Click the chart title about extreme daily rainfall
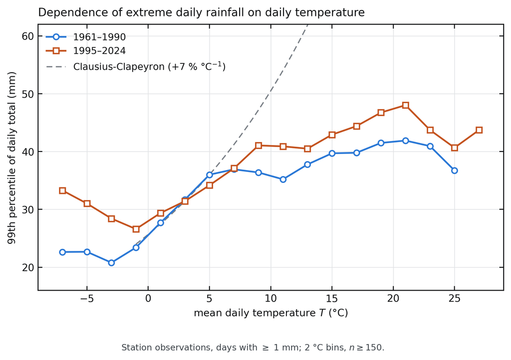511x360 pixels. click(202, 12)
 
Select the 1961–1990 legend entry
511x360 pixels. click(86, 37)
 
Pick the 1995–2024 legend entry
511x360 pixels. click(86, 51)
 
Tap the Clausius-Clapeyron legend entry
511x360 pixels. click(136, 66)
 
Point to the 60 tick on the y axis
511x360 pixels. click(28, 36)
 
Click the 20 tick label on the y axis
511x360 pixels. click(28, 267)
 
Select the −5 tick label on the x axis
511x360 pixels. click(87, 299)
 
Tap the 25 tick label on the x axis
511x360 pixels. click(455, 299)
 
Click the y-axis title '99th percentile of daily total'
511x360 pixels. click(12, 158)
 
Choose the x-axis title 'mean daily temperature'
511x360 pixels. click(271, 313)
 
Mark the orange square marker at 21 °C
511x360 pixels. click(405, 105)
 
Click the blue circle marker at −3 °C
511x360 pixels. click(111, 263)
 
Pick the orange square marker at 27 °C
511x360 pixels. click(479, 130)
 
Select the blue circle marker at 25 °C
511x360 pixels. click(455, 171)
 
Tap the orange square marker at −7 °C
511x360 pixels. click(62, 190)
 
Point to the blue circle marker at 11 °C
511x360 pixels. click(283, 180)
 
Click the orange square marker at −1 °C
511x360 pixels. click(136, 229)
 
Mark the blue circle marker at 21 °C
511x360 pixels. click(405, 141)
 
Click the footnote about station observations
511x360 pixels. click(253, 348)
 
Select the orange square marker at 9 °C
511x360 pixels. click(258, 146)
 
